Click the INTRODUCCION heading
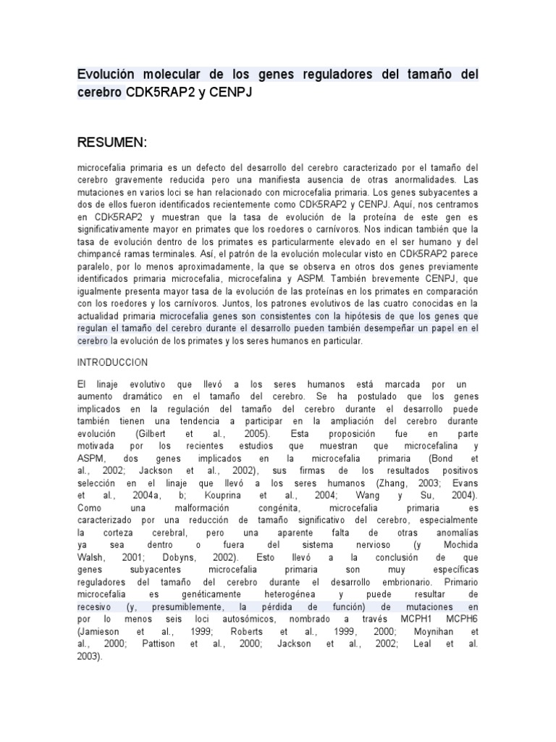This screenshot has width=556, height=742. [112, 362]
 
